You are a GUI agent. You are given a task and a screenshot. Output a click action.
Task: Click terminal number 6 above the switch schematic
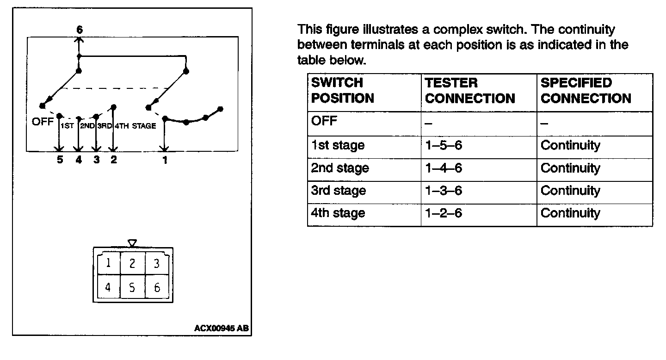coord(80,30)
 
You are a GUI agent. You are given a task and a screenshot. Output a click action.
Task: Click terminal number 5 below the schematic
coord(60,160)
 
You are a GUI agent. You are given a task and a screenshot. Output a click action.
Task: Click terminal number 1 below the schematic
coord(165,161)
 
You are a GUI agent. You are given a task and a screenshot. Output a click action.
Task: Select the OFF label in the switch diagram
coord(43,123)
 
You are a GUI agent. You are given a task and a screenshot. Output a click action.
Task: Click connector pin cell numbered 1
coord(108,263)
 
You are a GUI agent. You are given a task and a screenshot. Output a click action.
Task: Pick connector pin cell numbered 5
coord(132,288)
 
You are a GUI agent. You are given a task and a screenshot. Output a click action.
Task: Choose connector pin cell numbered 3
coord(157,263)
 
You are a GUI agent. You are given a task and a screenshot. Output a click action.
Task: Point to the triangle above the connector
coord(132,243)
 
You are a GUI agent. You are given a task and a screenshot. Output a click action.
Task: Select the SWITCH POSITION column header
coord(343,91)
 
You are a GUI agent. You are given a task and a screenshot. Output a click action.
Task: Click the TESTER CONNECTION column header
coord(470,91)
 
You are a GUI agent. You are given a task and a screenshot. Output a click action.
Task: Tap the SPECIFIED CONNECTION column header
coord(586,91)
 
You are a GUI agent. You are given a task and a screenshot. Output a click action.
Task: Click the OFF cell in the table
coord(325,121)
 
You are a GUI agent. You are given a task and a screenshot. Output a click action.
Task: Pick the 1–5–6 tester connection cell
coord(444,145)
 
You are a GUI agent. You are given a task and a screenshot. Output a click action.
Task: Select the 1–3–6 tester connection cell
coord(444,191)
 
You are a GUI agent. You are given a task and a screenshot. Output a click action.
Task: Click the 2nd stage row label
coord(340,168)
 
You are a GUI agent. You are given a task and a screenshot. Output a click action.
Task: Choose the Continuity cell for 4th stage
coord(570,213)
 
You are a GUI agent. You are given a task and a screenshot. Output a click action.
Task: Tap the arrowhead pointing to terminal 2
coord(113,149)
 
